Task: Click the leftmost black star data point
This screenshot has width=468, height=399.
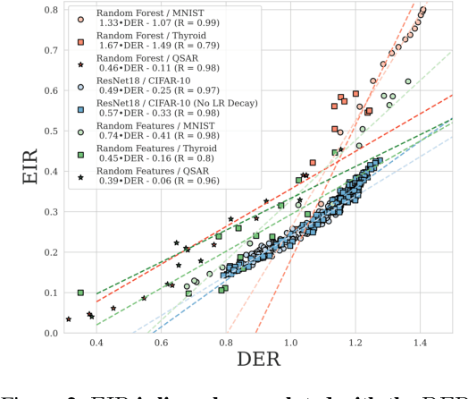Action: coord(69,318)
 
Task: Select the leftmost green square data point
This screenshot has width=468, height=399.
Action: coord(80,293)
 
